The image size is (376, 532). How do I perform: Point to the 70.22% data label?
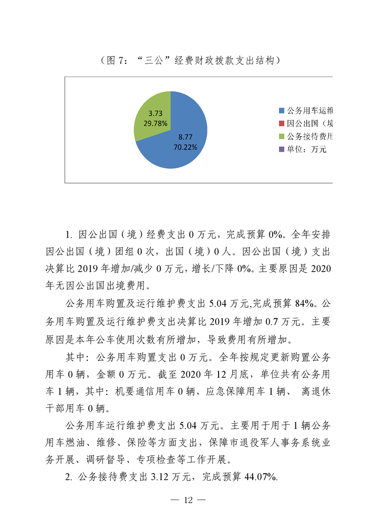point(185,147)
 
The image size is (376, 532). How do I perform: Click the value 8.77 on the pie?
point(185,137)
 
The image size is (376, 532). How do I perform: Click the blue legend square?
point(282,111)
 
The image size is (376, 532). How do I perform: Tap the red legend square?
point(282,124)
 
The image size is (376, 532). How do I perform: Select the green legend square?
point(282,137)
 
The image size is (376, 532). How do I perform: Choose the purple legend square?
point(282,150)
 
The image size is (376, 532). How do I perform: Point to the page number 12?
point(189,501)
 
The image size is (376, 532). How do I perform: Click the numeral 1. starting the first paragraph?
point(68,235)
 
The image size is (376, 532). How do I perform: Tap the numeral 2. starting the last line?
point(68,477)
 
